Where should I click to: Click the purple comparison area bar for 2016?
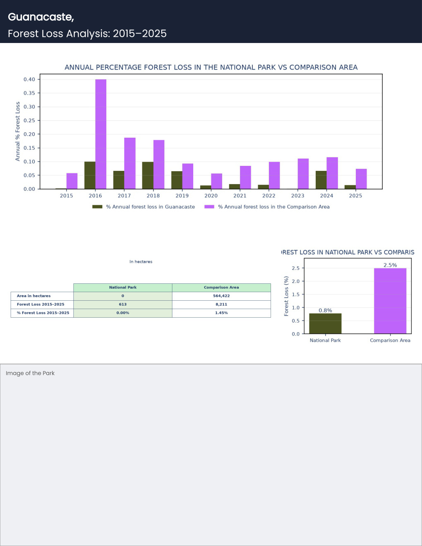(101, 134)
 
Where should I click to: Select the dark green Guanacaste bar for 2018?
(148, 175)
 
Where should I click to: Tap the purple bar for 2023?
(303, 174)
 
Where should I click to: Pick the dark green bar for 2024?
(321, 180)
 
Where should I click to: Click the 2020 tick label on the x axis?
(211, 196)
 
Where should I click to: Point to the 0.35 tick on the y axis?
(29, 93)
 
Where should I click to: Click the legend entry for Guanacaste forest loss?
(144, 207)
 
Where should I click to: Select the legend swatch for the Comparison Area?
(209, 207)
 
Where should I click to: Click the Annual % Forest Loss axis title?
(17, 132)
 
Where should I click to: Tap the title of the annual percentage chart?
(211, 67)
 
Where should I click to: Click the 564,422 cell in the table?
(221, 296)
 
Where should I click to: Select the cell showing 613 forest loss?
(122, 304)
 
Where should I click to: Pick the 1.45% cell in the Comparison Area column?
(221, 313)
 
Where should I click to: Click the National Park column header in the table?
(122, 287)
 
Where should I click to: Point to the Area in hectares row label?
(34, 296)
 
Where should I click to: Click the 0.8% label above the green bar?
(325, 311)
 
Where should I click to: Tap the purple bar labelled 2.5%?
(390, 301)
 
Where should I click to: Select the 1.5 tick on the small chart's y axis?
(296, 295)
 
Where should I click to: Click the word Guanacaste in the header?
(41, 17)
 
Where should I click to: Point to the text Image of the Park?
(30, 374)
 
